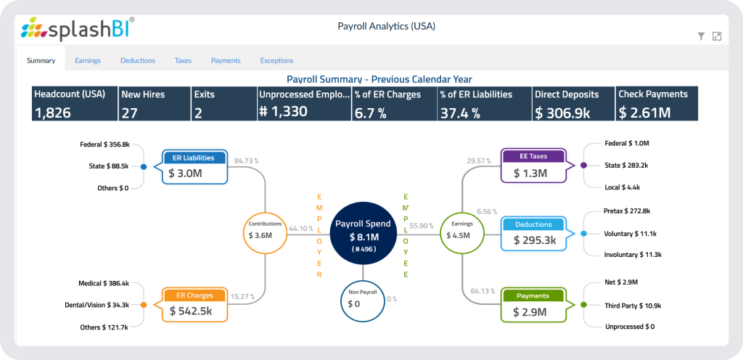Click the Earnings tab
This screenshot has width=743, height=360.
[x=88, y=60]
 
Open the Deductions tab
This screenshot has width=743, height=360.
[x=138, y=60]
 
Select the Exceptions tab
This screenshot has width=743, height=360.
[x=276, y=60]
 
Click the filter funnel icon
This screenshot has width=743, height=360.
[x=701, y=36]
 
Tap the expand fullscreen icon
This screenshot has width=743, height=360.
[x=717, y=36]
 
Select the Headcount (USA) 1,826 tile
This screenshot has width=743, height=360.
[x=74, y=103]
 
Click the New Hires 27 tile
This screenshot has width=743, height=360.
[x=154, y=103]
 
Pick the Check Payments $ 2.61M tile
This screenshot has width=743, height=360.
[x=657, y=103]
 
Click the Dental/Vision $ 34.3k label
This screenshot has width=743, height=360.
[x=103, y=305]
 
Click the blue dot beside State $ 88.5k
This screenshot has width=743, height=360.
[x=144, y=167]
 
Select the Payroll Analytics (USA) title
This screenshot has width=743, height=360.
[x=386, y=27]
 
